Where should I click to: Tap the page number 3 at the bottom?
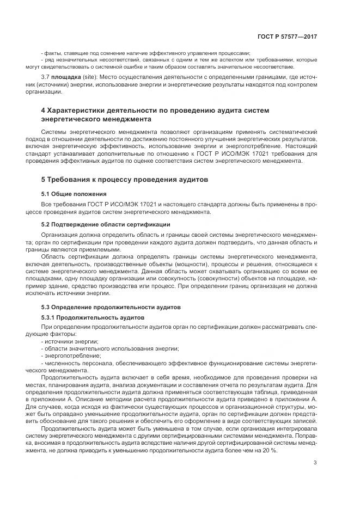point(315,463)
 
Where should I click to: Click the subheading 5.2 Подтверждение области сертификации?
point(106,224)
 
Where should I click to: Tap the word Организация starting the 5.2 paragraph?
point(60,234)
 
